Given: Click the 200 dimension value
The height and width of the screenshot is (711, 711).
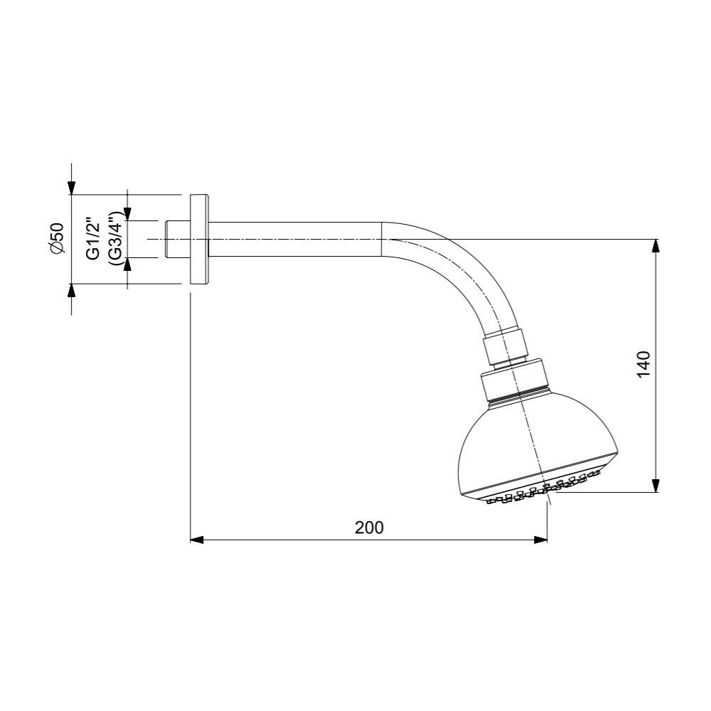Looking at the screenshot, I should pos(369,528).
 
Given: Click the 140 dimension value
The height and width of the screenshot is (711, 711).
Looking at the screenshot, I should pos(643,365).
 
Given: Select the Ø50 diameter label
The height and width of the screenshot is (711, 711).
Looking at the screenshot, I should pos(57,237).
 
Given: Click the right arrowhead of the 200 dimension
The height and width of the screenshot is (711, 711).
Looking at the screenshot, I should pos(541,540).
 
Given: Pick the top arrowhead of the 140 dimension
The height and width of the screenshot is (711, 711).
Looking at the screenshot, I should pos(656,245).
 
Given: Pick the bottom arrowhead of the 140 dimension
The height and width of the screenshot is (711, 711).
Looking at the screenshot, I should pos(656,485).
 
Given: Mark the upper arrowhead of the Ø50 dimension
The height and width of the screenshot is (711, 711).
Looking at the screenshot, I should pos(71,187).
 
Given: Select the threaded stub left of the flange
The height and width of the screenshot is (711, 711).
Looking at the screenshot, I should pos(177,239).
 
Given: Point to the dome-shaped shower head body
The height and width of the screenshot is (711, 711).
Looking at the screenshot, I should pos(533,441).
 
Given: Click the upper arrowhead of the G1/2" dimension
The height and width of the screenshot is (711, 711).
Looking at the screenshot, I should pos(127,213).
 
